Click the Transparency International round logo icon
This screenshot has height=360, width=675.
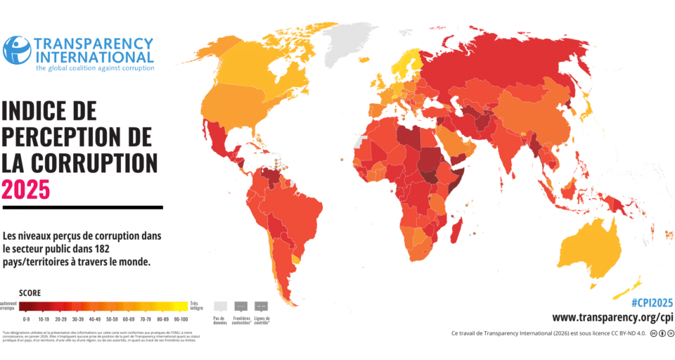pyautogui.click(x=17, y=50)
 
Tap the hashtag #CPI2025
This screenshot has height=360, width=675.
pyautogui.click(x=651, y=302)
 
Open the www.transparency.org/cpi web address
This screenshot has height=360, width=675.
pyautogui.click(x=612, y=317)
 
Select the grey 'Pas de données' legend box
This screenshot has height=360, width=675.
pyautogui.click(x=219, y=307)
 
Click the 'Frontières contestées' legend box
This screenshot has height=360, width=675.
pyautogui.click(x=240, y=307)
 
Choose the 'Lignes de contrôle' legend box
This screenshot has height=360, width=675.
pyautogui.click(x=262, y=307)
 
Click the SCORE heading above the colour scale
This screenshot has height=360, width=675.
pyautogui.click(x=30, y=292)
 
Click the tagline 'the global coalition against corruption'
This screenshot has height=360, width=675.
pyautogui.click(x=94, y=68)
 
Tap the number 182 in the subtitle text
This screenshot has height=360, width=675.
pyautogui.click(x=98, y=248)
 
